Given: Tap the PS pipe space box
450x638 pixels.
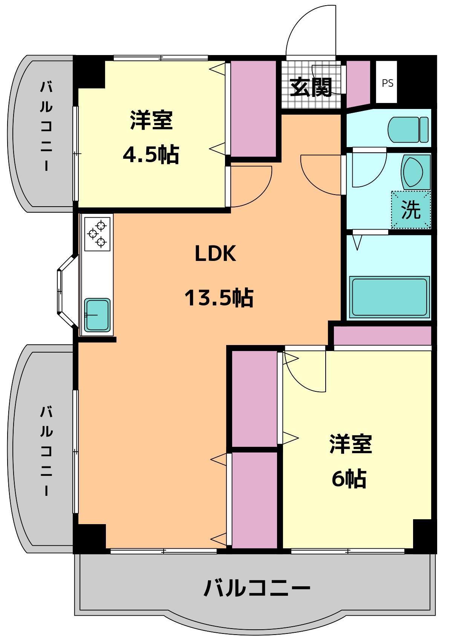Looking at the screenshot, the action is [387, 82].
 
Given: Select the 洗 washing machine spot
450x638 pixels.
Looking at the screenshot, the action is [411, 209].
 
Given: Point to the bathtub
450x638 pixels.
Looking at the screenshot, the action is [389, 298].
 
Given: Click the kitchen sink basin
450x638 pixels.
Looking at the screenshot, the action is [97, 315].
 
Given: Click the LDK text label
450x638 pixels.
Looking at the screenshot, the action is [216, 254].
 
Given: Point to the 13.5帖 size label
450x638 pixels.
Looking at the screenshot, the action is [219, 298].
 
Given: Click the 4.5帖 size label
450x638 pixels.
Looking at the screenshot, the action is [151, 155].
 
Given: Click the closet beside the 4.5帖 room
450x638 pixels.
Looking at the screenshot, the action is [253, 109].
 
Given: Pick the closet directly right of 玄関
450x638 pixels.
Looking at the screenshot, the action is [358, 84].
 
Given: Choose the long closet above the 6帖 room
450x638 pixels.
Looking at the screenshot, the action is [382, 336].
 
